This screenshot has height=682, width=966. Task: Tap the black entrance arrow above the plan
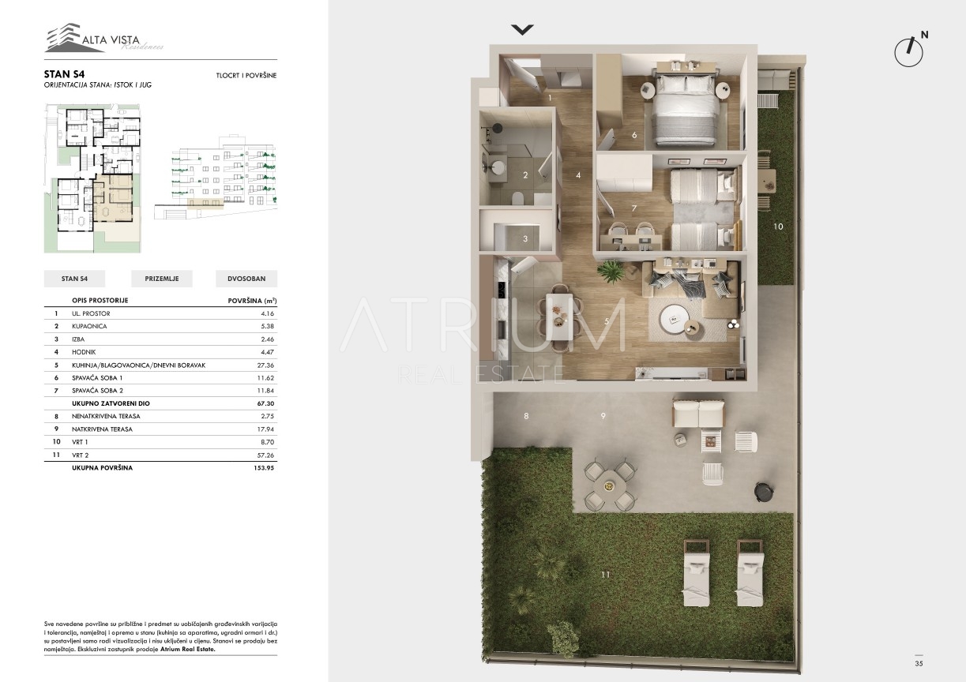522,29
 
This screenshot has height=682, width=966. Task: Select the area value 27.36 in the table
265,365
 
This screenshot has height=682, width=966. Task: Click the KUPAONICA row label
89,326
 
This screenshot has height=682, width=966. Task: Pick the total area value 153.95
264,468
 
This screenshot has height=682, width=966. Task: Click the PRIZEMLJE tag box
162,279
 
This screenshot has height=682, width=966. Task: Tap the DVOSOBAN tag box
246,279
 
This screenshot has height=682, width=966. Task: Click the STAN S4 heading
64,74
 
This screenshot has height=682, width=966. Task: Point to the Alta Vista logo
104,38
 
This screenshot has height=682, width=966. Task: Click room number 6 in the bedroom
634,135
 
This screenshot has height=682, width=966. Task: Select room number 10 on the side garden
778,227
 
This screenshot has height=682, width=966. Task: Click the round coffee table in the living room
674,319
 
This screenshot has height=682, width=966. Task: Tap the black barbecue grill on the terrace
763,492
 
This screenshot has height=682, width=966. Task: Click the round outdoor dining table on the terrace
609,486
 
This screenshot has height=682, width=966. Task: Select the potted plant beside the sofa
611,272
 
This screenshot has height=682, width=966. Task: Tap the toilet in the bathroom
517,198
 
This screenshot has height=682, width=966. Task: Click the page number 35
919,664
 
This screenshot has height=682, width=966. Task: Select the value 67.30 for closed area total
265,403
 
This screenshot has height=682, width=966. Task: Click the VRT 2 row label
81,455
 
